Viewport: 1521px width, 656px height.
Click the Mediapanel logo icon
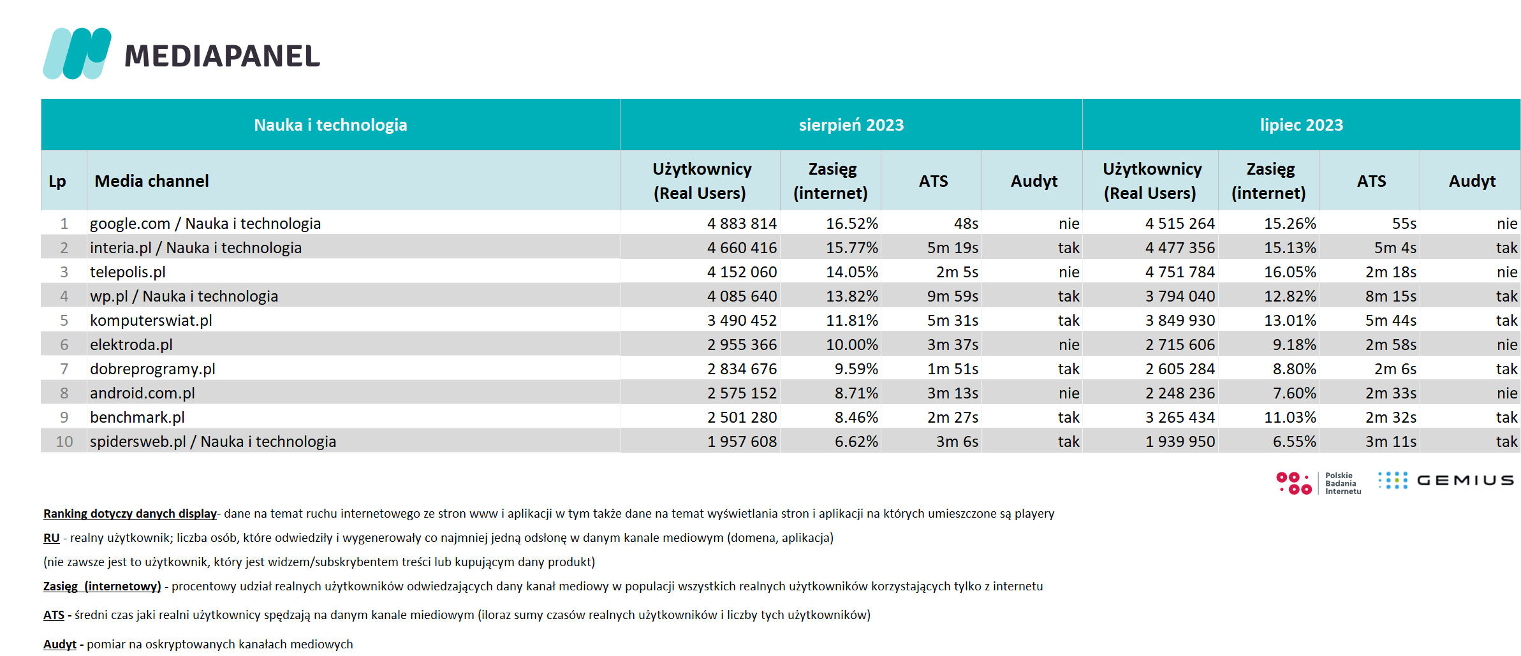[x=77, y=54]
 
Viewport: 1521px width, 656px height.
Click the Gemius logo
[x=1446, y=481]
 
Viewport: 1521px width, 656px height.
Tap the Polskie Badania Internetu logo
[x=1319, y=483]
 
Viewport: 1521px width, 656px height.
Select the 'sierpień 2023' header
[x=851, y=125]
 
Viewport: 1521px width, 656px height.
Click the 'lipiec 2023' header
[x=1302, y=125]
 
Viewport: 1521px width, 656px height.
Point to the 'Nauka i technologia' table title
[x=330, y=125]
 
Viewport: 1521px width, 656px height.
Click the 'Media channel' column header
[x=152, y=181]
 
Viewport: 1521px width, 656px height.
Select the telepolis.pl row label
[x=128, y=272]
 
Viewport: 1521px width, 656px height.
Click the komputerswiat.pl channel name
[x=151, y=321]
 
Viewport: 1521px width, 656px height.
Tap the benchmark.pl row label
[x=137, y=418]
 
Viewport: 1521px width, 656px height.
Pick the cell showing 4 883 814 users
[x=742, y=224]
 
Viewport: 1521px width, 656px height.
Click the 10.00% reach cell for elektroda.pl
[x=852, y=345]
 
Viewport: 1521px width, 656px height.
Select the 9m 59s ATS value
[x=953, y=296]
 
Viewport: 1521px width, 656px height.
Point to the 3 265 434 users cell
[x=1180, y=418]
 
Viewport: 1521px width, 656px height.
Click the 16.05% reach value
[x=1290, y=272]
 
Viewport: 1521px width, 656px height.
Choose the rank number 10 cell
[x=64, y=442]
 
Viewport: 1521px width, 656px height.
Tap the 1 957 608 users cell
[x=742, y=442]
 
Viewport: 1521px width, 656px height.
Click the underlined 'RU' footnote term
[x=52, y=538]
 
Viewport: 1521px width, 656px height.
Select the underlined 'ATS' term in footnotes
[x=54, y=615]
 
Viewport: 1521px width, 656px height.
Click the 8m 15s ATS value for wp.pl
[x=1391, y=296]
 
